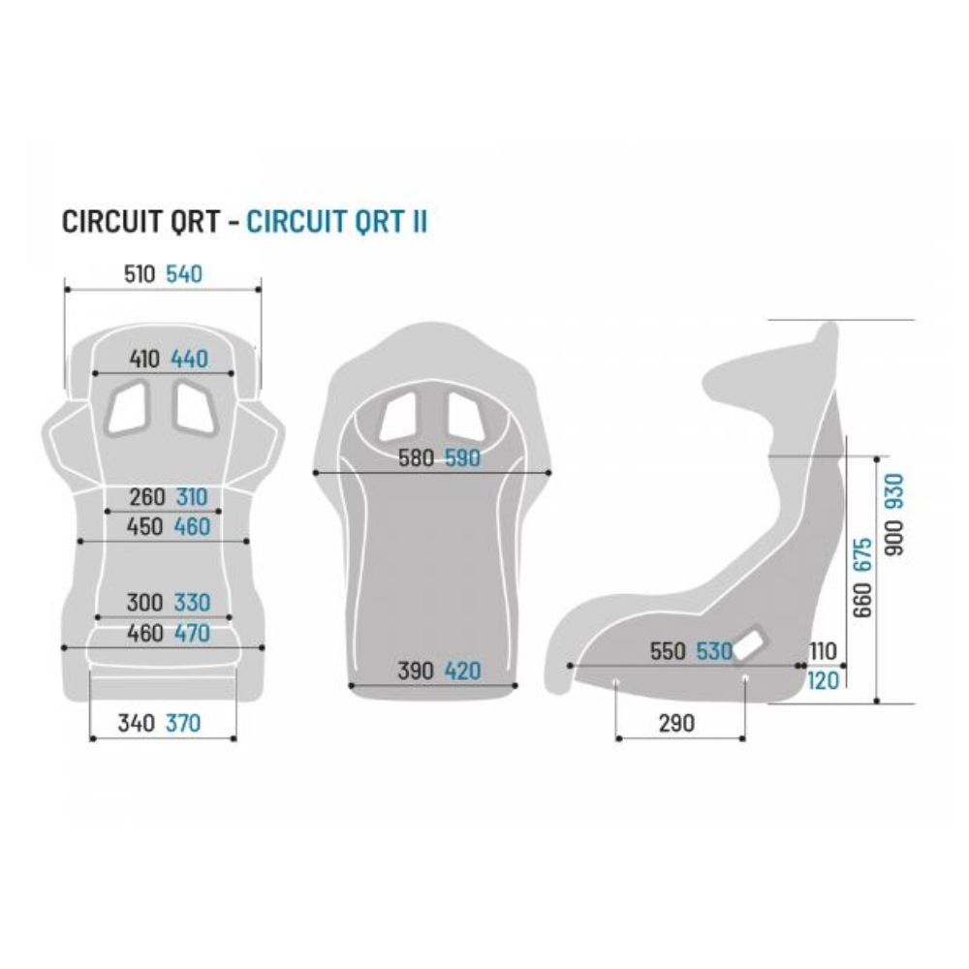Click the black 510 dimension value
[x=139, y=274]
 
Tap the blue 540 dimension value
[x=184, y=274]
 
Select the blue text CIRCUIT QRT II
[x=337, y=222]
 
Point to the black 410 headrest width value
[x=144, y=359]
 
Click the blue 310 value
[x=192, y=497]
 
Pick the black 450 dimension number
[x=144, y=527]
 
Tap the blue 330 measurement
[x=193, y=603]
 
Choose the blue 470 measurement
[x=193, y=634]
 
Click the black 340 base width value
[x=136, y=723]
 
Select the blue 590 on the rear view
[x=463, y=458]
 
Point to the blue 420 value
[x=463, y=672]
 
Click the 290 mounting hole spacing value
[x=676, y=723]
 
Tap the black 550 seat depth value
[x=668, y=651]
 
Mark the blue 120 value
[x=823, y=681]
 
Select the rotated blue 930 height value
[x=894, y=491]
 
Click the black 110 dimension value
[x=823, y=651]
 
